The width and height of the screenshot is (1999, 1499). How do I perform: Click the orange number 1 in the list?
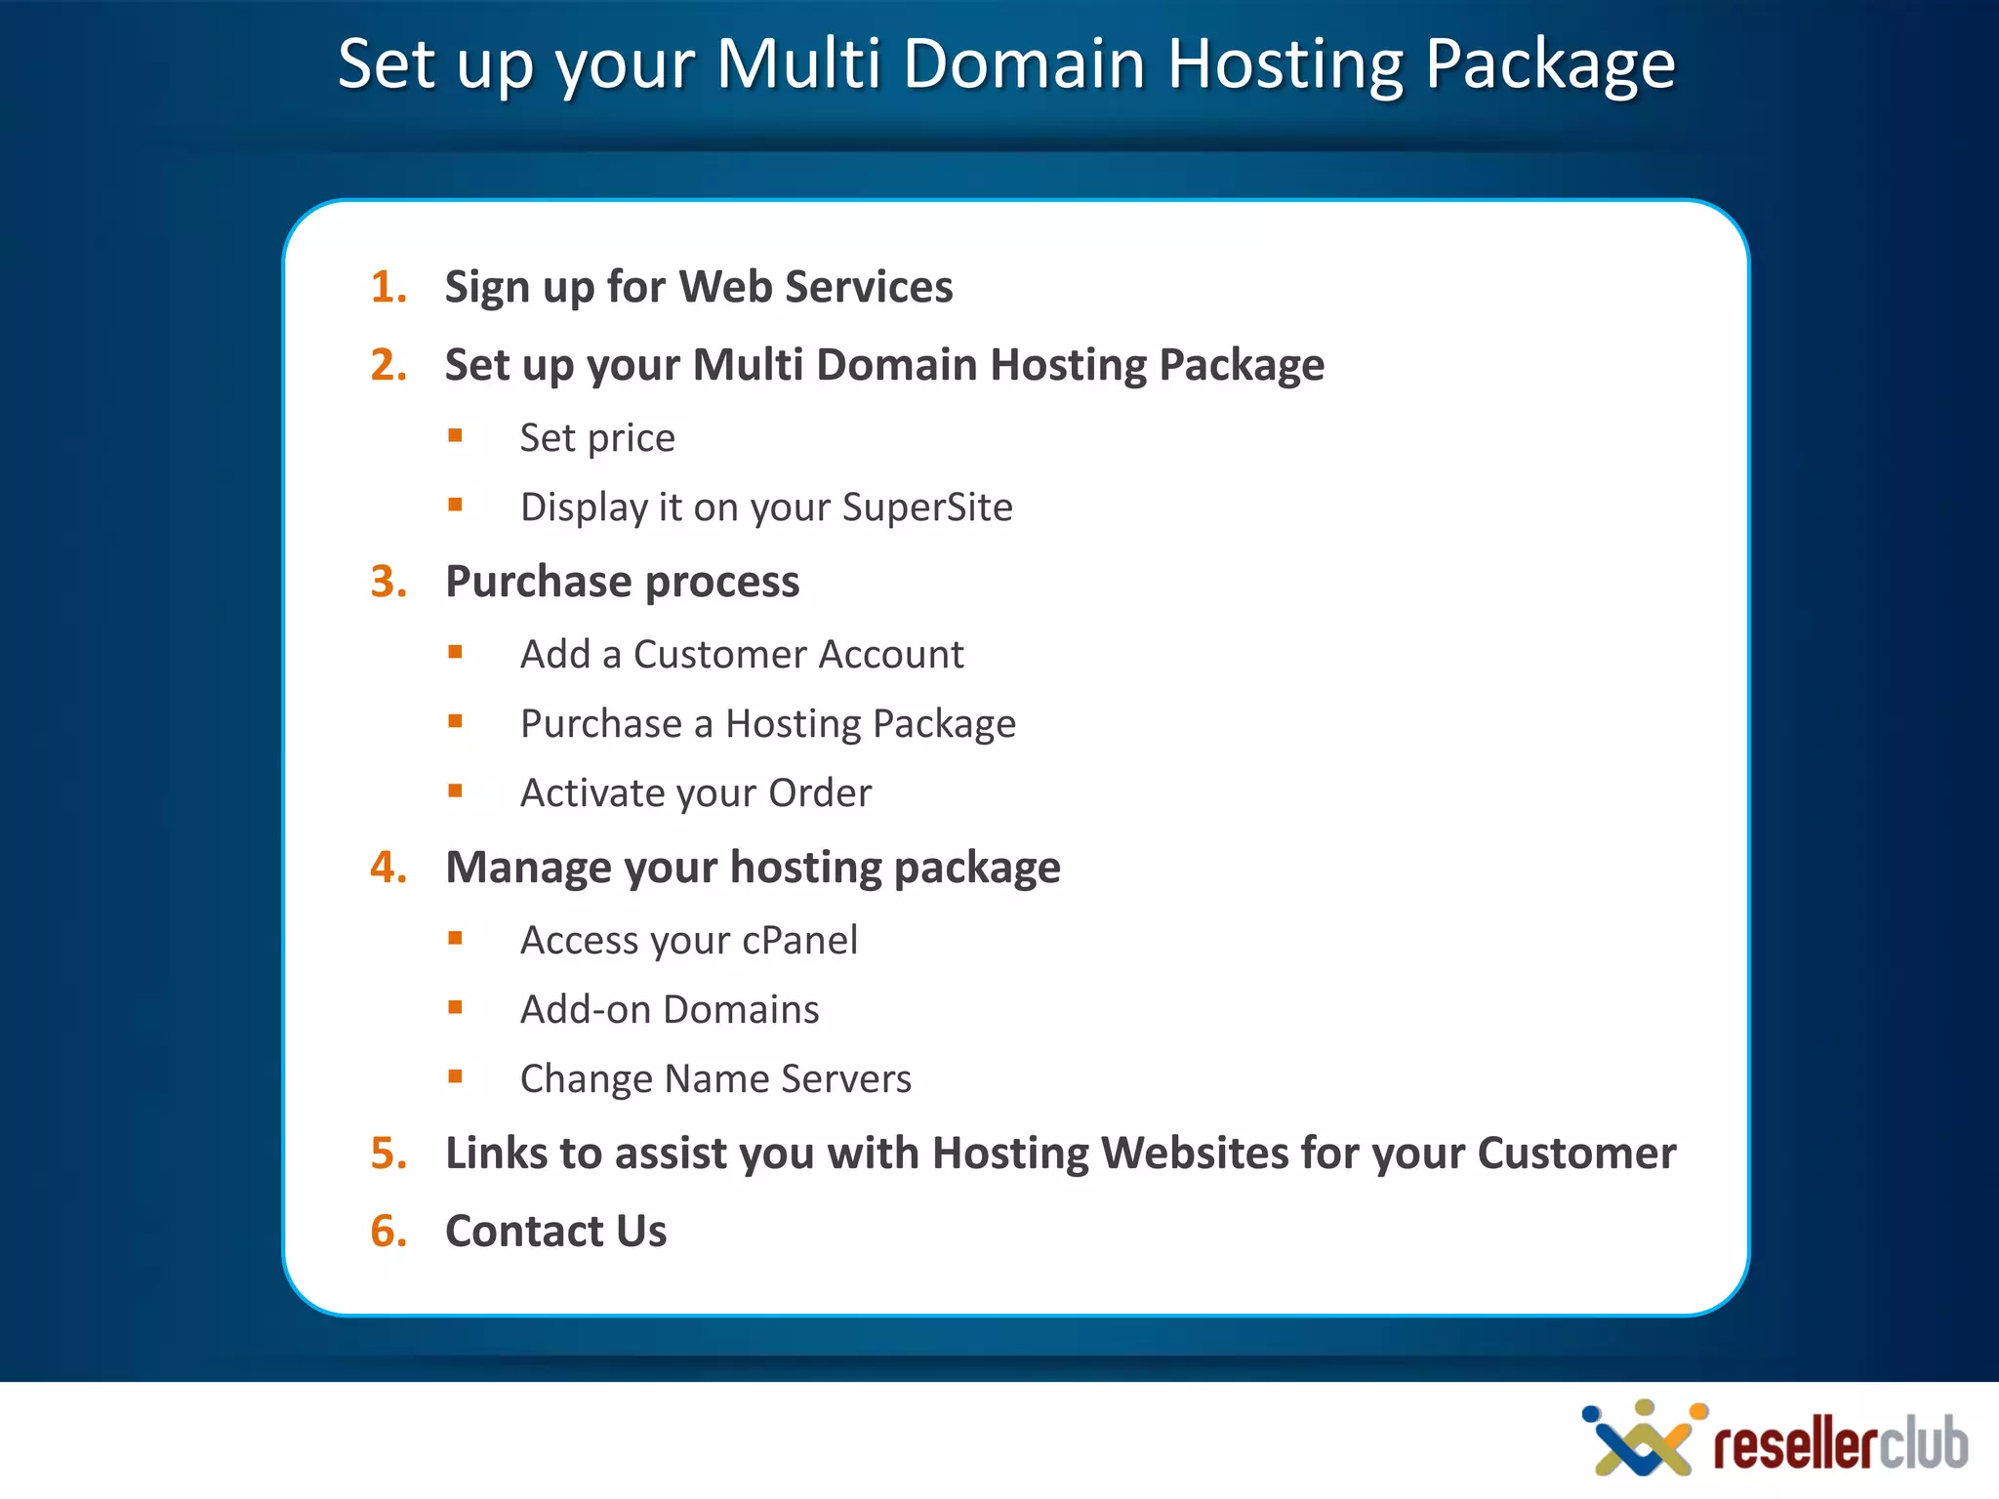click(387, 287)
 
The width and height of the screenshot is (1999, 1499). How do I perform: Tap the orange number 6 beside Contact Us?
click(387, 1232)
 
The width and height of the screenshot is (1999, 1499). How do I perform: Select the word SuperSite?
click(927, 507)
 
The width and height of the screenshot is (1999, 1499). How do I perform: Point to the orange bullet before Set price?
click(455, 435)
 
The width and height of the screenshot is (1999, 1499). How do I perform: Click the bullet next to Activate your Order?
click(455, 790)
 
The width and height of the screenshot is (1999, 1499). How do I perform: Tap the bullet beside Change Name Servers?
click(455, 1076)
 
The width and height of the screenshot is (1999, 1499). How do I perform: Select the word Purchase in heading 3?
click(538, 582)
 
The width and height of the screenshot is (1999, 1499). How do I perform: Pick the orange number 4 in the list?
click(387, 868)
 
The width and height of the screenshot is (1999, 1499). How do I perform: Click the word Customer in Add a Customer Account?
click(714, 655)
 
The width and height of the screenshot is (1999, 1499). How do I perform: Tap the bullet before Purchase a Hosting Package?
click(455, 721)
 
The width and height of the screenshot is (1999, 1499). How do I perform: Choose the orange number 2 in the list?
click(387, 365)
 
